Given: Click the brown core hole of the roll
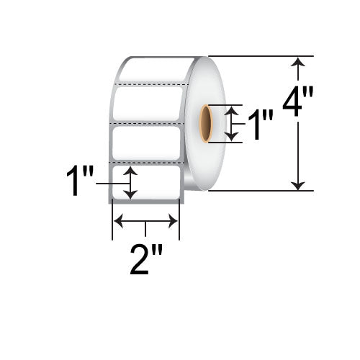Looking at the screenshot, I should (205, 123).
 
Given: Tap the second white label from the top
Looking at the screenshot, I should (148, 105).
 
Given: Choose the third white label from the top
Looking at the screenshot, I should (146, 143).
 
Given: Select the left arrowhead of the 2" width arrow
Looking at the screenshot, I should (118, 222).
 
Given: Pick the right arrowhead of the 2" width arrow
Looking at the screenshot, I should (174, 222).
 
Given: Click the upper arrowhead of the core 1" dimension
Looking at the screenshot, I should (230, 109).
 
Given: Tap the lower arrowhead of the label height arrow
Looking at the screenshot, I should (130, 194).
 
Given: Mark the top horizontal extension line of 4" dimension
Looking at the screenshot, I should (259, 56).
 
